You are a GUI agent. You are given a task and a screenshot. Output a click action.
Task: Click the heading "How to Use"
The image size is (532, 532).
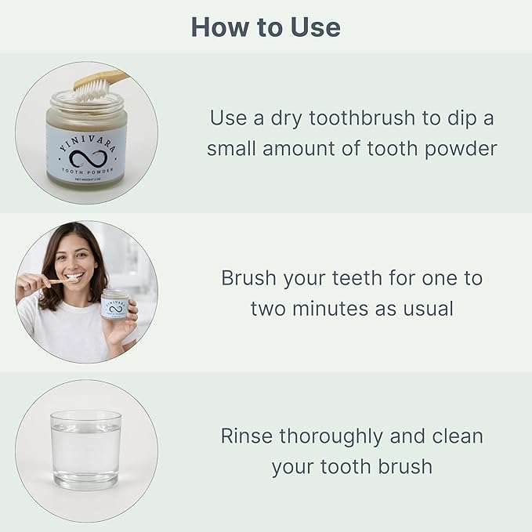coord(266,27)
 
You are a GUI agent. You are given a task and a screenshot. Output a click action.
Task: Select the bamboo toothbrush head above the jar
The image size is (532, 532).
coord(93,84)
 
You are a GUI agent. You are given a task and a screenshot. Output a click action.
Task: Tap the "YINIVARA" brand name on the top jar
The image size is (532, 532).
coord(86,134)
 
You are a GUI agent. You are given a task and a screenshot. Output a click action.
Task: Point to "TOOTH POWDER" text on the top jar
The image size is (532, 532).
coord(86,172)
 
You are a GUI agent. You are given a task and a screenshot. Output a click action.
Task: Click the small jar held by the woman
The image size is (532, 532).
coord(115,305)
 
